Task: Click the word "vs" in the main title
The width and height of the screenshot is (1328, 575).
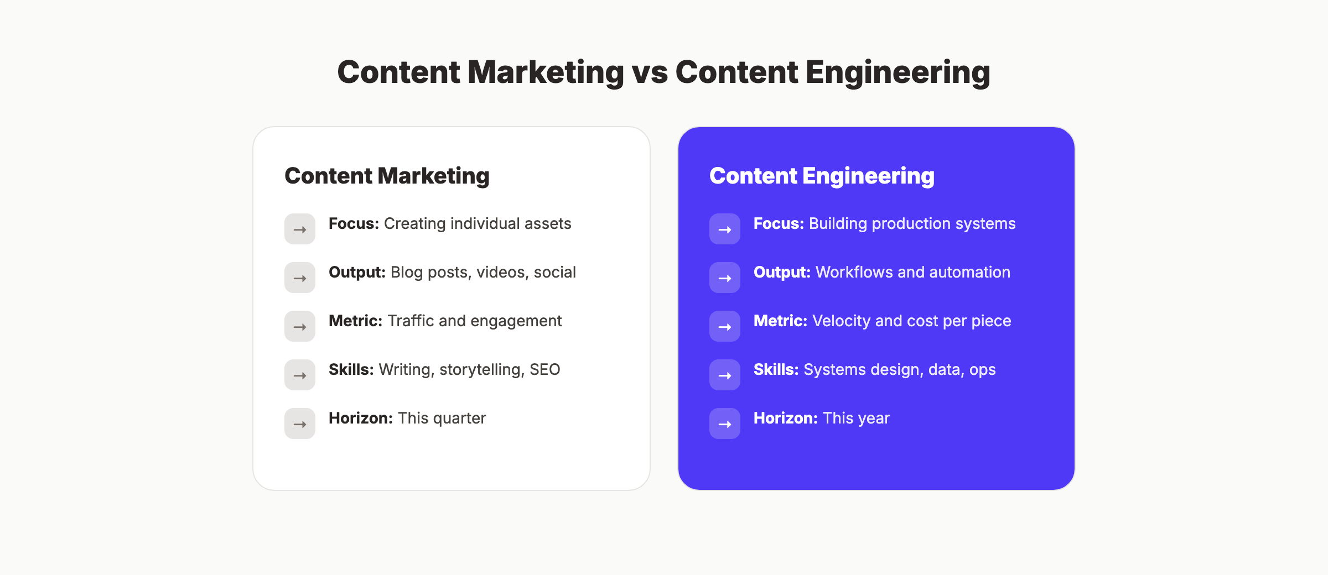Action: point(650,73)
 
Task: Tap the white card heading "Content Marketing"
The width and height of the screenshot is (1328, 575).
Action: point(387,176)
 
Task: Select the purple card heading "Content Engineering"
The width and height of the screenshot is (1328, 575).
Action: point(822,176)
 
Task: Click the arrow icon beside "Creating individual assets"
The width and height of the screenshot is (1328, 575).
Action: point(300,229)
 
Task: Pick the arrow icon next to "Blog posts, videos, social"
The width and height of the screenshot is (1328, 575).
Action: point(300,278)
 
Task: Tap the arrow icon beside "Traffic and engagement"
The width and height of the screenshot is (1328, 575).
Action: point(300,326)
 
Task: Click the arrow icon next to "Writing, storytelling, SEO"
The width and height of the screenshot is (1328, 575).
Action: point(300,375)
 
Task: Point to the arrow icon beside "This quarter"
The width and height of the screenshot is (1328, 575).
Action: point(300,424)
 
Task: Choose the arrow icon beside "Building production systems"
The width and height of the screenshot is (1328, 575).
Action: point(725,229)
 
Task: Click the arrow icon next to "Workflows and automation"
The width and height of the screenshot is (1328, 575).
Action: point(725,278)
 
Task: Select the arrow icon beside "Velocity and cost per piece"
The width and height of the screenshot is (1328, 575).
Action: point(725,326)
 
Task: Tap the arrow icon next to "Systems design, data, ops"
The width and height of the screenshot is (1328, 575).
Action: point(725,375)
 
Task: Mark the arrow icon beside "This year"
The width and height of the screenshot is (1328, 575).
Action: point(725,424)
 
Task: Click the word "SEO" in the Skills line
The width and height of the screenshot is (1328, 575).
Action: point(544,369)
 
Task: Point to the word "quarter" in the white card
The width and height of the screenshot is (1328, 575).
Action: point(459,419)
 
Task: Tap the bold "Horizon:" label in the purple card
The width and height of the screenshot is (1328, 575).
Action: point(785,418)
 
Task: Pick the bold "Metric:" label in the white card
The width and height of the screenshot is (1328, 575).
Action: point(355,321)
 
